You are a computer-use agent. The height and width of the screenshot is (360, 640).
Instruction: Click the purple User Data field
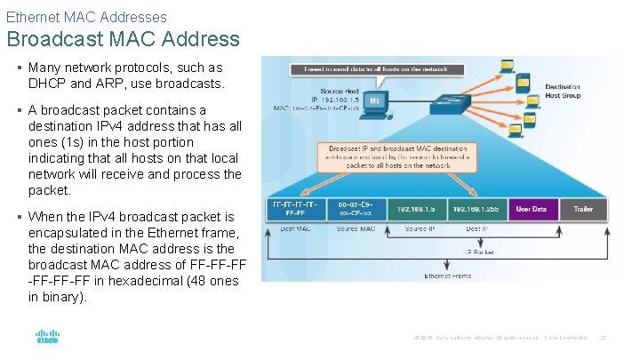click(532, 210)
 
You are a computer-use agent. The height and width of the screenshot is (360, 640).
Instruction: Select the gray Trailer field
click(583, 210)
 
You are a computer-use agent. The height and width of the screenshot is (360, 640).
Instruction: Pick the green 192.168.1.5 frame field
click(417, 210)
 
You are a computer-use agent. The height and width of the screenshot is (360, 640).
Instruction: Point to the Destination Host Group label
click(563, 92)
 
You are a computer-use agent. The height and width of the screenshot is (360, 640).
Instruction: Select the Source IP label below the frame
click(420, 230)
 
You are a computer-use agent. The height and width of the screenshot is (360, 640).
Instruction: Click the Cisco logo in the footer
click(46, 339)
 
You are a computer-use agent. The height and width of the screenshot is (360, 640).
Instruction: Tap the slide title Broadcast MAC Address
click(123, 39)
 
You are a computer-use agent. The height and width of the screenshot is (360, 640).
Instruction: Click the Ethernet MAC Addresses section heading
click(86, 16)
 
